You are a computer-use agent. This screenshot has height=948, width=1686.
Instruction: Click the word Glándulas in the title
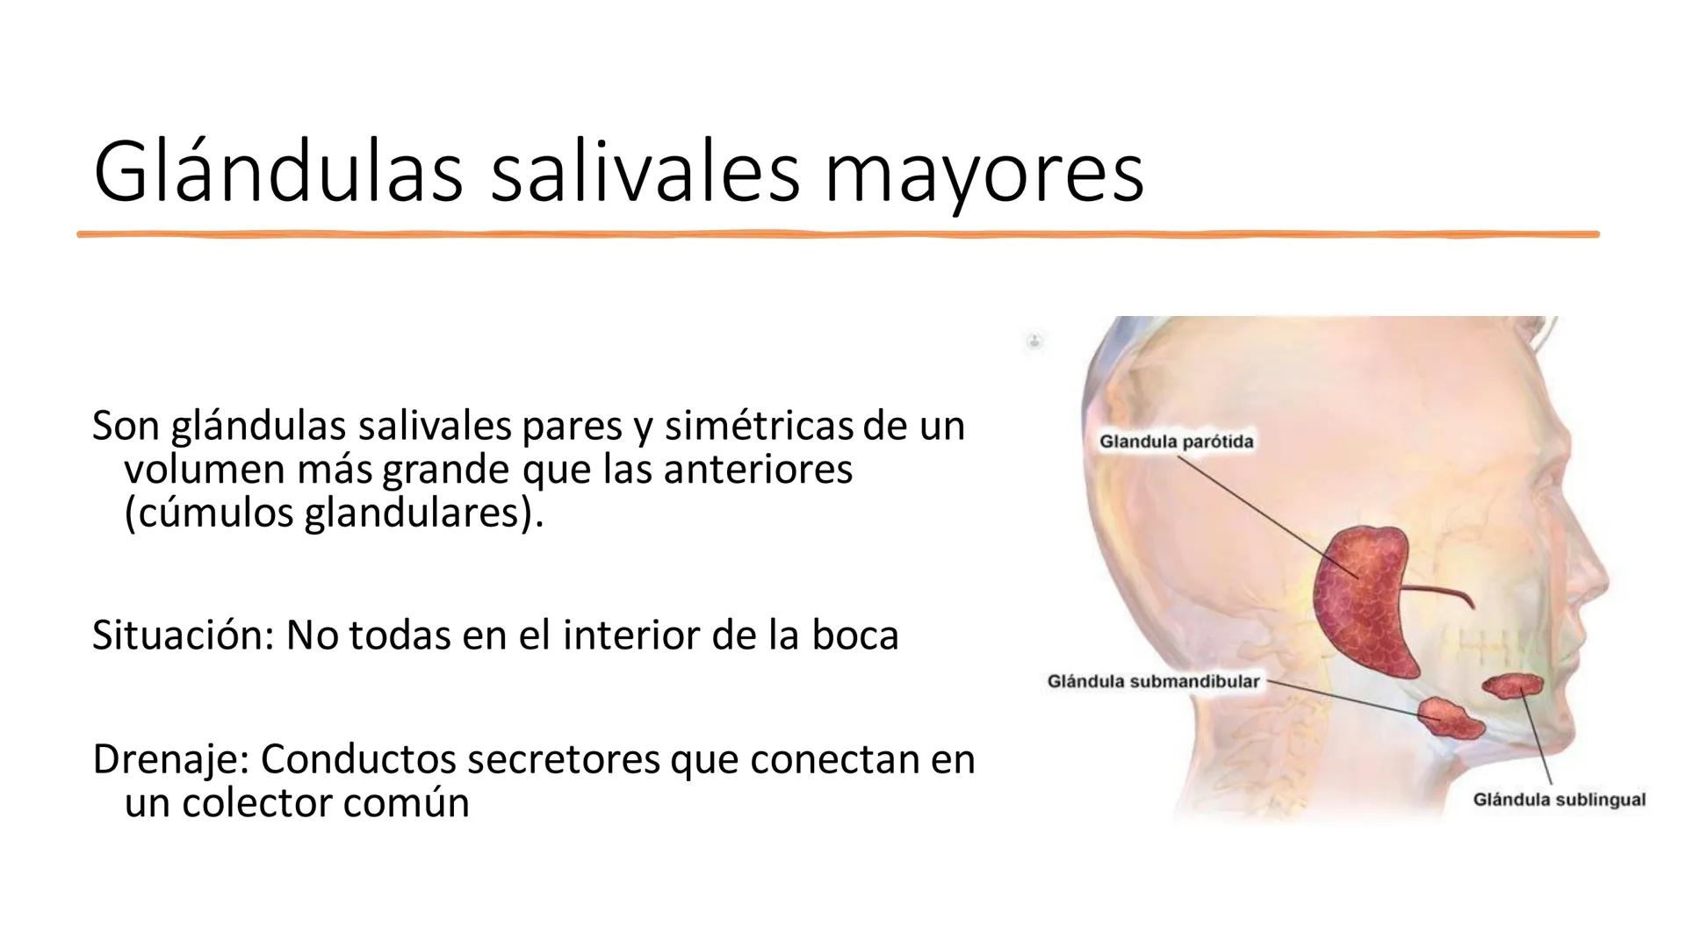(x=277, y=172)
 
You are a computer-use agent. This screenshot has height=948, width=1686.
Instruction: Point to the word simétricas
(x=760, y=426)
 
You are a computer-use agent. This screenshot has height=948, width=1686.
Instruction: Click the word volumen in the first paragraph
(x=204, y=470)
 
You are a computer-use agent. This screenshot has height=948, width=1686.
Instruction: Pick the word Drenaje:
(x=169, y=759)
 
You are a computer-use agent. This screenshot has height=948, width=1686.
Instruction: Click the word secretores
(x=563, y=759)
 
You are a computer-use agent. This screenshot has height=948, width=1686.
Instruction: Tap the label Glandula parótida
(x=1176, y=442)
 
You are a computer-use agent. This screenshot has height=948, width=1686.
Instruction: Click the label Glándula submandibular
(x=1153, y=682)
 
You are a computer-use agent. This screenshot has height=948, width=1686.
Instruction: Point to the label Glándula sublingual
(x=1559, y=800)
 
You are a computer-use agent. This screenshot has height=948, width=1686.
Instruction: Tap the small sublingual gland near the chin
(x=1512, y=686)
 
